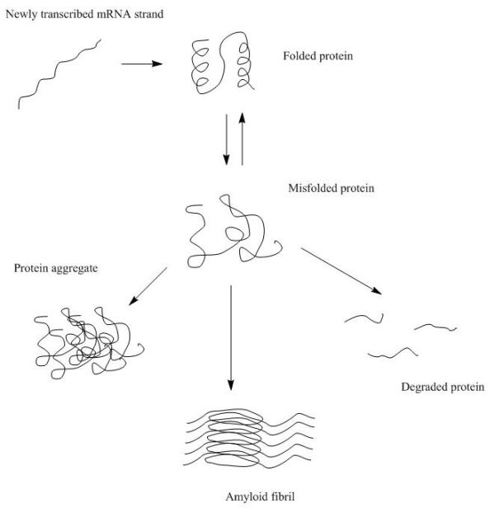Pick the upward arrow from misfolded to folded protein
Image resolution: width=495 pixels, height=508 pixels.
242,139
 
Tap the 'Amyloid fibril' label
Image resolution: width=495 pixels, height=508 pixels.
248,496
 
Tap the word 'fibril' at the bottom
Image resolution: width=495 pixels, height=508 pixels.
266,496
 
